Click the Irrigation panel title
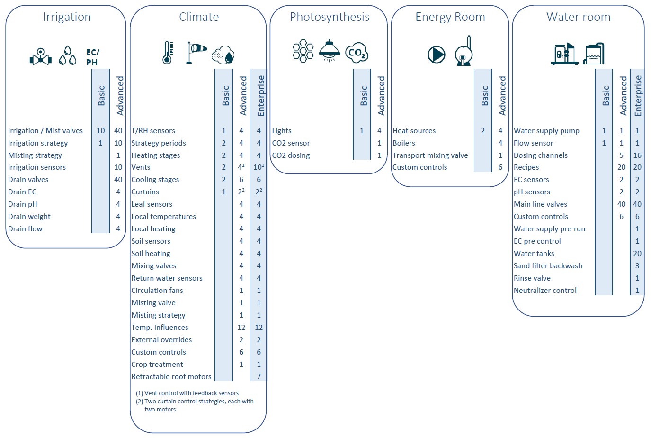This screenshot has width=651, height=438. (x=67, y=17)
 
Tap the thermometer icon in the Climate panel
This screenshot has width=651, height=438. (x=167, y=53)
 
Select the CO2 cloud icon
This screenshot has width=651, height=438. (x=357, y=53)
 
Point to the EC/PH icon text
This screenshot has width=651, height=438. (x=92, y=57)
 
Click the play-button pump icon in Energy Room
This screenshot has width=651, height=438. (x=437, y=55)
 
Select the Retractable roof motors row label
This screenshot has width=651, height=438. (x=171, y=377)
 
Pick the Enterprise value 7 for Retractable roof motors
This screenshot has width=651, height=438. (x=259, y=377)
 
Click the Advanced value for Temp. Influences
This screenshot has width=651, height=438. (x=241, y=328)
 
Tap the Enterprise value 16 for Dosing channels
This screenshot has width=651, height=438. (x=637, y=155)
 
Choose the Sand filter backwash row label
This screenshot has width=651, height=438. (x=548, y=266)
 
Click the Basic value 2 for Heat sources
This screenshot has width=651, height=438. (x=483, y=131)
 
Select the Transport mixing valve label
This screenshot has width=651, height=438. (x=430, y=155)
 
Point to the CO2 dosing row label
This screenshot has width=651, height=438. (x=291, y=155)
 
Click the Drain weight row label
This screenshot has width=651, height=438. (x=29, y=217)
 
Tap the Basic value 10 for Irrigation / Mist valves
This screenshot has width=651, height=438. (x=100, y=131)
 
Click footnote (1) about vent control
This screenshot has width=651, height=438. (x=187, y=393)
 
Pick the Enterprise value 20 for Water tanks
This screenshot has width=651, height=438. (x=637, y=254)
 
